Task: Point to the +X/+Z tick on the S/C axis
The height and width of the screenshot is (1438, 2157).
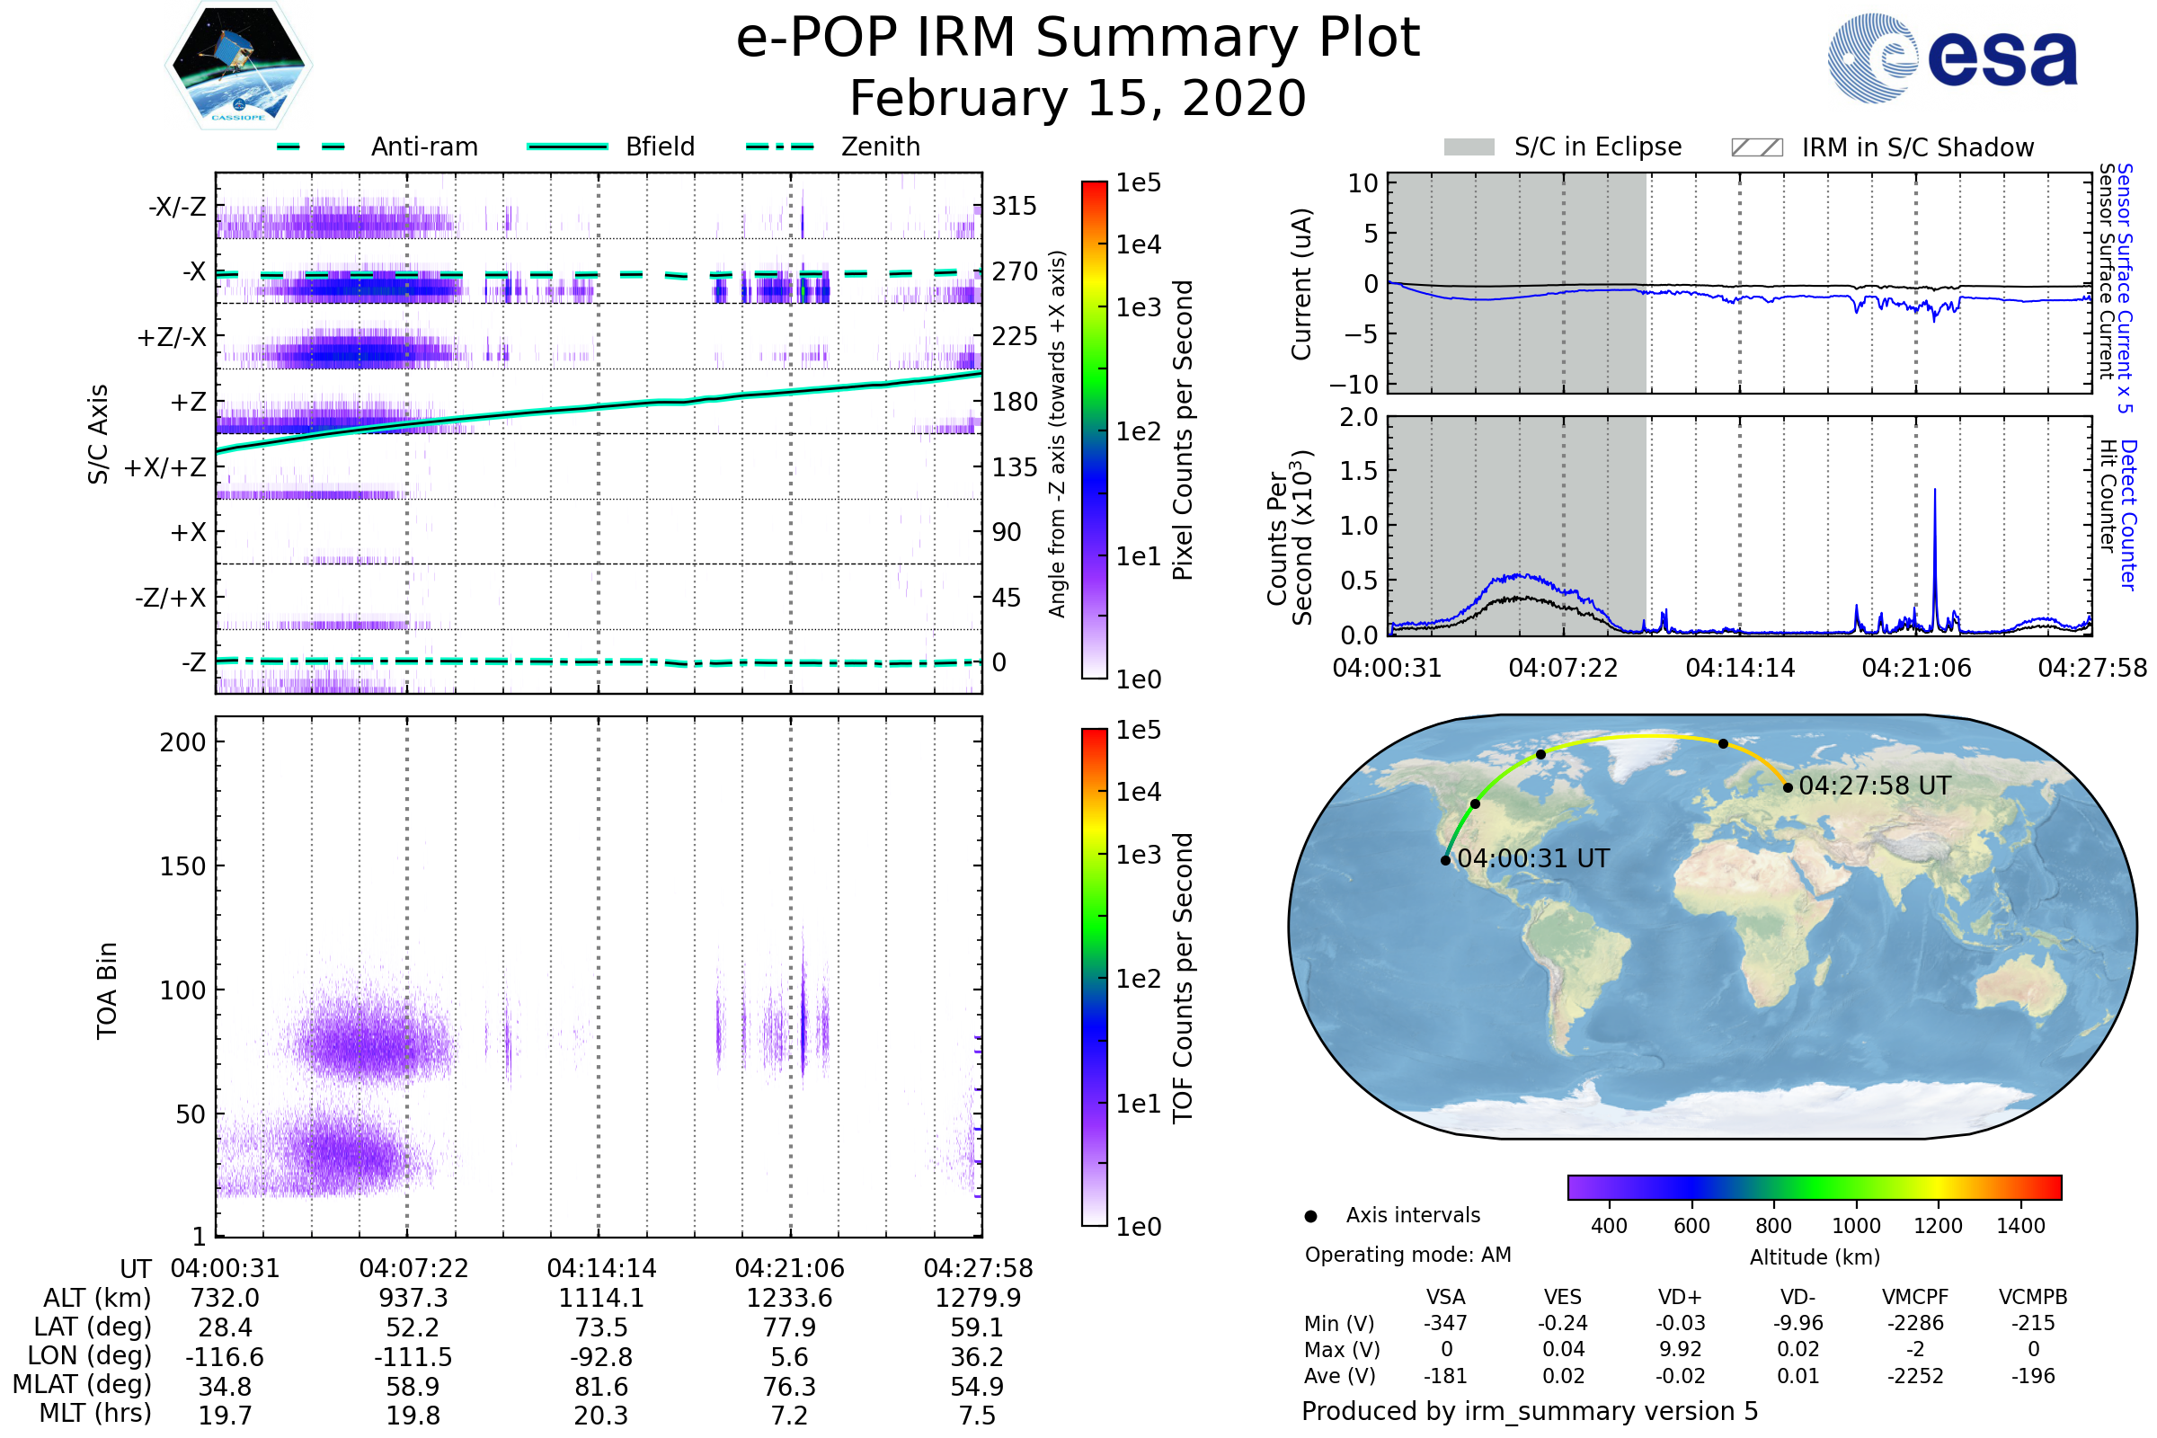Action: pos(165,467)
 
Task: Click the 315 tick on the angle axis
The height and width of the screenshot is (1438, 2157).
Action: pos(1015,206)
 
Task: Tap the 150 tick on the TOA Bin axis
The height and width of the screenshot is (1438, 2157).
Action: pos(182,866)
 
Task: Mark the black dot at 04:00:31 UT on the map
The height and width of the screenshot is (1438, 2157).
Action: pos(1446,860)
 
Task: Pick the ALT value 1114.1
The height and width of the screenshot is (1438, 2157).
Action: pos(600,1298)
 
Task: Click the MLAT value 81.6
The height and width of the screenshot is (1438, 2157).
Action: pos(600,1387)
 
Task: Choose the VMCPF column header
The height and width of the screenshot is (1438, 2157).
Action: pos(1915,1298)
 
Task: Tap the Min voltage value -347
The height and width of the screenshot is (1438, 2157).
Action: pos(1445,1323)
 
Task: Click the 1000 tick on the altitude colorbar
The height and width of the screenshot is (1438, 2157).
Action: pos(1856,1226)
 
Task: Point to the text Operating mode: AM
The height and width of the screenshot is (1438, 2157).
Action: pos(1407,1255)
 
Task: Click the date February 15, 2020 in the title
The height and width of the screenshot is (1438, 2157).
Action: pos(1078,98)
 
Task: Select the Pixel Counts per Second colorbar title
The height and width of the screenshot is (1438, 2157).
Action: pos(1183,431)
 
